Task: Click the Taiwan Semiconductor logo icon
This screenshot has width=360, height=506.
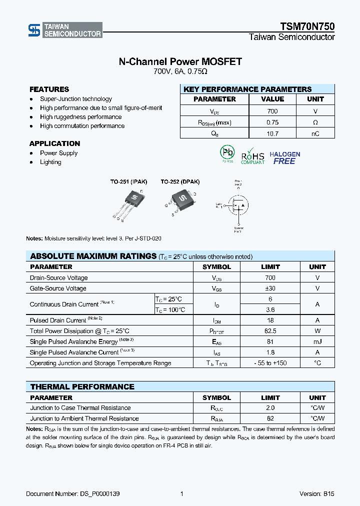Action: click(x=34, y=30)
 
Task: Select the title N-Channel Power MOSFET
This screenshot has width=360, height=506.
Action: click(x=180, y=61)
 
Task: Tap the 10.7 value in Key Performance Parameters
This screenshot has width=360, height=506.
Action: click(x=272, y=133)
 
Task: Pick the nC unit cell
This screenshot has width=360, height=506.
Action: click(x=315, y=133)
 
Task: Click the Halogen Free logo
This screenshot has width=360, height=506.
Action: click(x=285, y=158)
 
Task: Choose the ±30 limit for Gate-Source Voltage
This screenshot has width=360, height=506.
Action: click(x=270, y=288)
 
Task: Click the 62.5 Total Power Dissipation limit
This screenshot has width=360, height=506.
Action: click(x=270, y=331)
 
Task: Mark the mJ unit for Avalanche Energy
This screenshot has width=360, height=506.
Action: click(x=317, y=341)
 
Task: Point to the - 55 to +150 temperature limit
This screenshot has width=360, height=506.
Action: click(x=270, y=363)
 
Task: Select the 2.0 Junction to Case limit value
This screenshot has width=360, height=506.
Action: click(x=270, y=408)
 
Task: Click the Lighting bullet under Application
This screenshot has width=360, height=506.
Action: click(x=50, y=162)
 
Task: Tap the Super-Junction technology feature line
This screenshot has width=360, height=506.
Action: click(x=76, y=99)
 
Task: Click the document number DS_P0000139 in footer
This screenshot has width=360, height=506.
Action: click(x=72, y=494)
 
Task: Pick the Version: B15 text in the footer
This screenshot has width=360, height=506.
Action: click(x=317, y=494)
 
